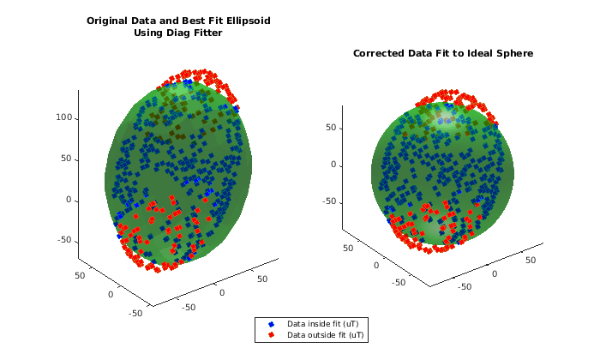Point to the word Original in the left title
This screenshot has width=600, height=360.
[x=109, y=21]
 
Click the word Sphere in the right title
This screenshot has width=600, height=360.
[x=515, y=53]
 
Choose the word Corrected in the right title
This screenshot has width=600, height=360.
[x=379, y=53]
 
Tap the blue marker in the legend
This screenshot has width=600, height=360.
[x=271, y=323]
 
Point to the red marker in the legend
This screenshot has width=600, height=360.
[x=271, y=335]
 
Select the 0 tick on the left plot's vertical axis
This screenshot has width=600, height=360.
[x=69, y=200]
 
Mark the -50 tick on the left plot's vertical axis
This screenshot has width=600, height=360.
[x=63, y=240]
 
